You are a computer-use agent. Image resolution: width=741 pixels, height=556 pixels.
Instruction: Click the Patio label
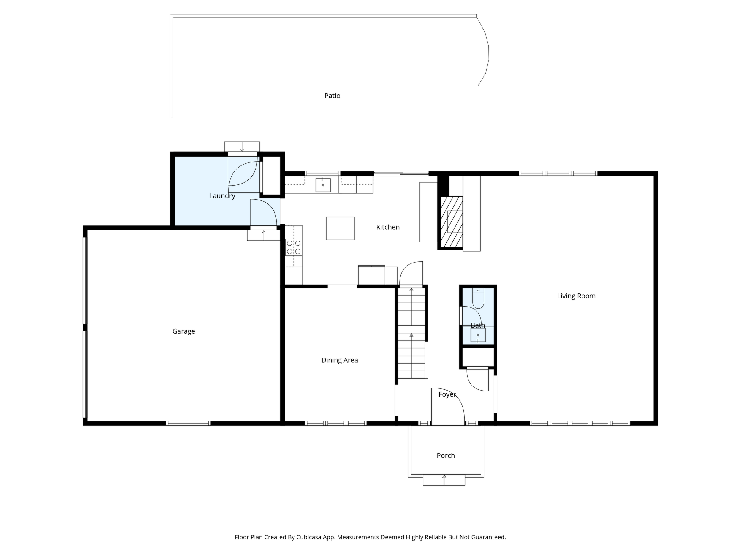point(332,96)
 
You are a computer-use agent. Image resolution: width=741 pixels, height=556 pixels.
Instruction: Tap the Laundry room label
point(222,196)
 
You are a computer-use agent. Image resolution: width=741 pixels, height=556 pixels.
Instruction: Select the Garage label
point(183,331)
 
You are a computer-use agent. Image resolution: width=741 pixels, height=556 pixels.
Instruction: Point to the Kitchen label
point(388,227)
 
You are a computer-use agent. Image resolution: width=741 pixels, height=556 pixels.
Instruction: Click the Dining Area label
point(340,360)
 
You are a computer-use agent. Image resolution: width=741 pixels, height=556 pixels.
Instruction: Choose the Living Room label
point(576,296)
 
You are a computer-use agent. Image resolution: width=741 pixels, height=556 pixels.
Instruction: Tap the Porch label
point(446,456)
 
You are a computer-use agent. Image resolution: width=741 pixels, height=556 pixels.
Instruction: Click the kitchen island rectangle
point(340,229)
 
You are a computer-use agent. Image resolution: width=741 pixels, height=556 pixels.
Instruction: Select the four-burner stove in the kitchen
point(294,247)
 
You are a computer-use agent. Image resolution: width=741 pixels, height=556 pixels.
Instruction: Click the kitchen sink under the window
point(323,185)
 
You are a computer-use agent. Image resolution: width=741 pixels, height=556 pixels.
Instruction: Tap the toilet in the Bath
point(478,298)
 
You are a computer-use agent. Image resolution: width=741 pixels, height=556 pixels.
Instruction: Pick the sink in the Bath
point(478,335)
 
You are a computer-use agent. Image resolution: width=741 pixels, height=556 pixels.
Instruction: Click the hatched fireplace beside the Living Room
point(452,222)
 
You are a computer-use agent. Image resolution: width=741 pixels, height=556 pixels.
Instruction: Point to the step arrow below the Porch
point(444,480)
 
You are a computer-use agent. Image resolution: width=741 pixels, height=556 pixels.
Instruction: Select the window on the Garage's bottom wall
point(188,423)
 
